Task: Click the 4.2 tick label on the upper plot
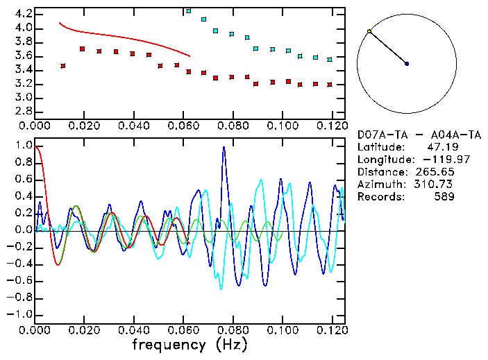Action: (x=23, y=14)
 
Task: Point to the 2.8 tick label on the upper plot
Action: (x=23, y=111)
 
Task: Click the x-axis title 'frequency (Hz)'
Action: (x=190, y=344)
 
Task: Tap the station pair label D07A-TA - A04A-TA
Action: (x=410, y=135)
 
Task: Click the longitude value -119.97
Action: (x=437, y=160)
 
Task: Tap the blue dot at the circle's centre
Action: (x=407, y=64)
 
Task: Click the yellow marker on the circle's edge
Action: (x=369, y=32)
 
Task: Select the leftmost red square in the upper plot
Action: (x=63, y=66)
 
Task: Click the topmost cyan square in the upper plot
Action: (x=189, y=11)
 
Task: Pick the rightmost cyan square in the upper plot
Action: (x=330, y=60)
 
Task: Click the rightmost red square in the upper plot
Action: (x=330, y=85)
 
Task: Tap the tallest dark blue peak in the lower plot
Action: (x=224, y=148)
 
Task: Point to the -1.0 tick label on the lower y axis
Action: (x=21, y=314)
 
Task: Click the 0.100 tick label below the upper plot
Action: (x=282, y=126)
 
